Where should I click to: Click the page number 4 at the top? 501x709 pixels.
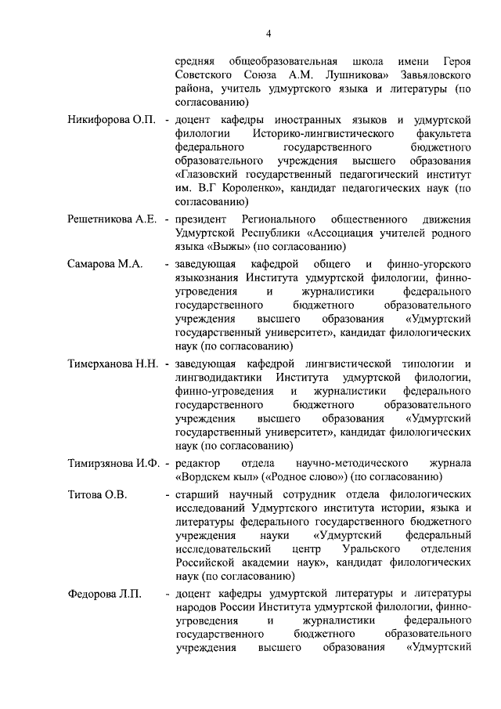[x=268, y=33]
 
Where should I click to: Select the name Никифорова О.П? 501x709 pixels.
[x=112, y=119]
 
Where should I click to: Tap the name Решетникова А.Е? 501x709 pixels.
[x=113, y=218]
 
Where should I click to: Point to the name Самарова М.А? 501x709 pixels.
[x=104, y=264]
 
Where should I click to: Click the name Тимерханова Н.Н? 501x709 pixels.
[x=114, y=364]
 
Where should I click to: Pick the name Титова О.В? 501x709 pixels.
[x=97, y=495]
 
